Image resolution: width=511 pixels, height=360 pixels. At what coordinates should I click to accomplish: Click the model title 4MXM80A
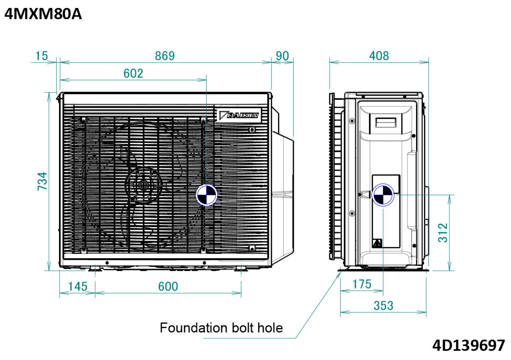pos(43,15)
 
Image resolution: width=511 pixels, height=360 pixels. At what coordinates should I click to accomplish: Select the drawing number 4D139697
pos(468,345)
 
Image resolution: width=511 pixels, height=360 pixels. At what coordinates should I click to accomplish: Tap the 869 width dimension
pos(165,56)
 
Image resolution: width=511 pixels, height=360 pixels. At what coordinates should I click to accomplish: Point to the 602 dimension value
pos(133,74)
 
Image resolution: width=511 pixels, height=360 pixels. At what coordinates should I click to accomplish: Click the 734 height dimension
pos(42,181)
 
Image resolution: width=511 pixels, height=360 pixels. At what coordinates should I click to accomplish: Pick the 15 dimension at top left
pos(41,56)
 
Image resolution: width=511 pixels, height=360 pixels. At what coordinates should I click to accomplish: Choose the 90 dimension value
pos(282,56)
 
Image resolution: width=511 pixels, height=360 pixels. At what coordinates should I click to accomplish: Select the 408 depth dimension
pos(378,56)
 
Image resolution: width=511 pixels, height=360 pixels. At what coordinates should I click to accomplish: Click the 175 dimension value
pos(361,284)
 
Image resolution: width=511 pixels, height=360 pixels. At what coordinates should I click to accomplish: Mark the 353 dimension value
pos(383,306)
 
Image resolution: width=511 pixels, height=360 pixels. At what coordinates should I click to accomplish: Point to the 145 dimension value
pos(77,286)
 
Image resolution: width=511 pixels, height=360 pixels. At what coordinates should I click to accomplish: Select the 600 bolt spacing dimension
pos(168,286)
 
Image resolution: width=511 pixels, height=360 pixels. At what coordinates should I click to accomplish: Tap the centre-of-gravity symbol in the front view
pos(206,196)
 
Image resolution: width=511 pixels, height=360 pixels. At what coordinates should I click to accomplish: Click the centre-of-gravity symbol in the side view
pos(382,195)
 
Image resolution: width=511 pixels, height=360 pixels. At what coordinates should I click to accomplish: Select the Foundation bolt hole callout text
pos(221,328)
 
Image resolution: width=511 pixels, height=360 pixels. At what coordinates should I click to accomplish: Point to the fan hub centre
pos(143,185)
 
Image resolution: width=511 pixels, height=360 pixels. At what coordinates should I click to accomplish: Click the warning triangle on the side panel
pos(376,243)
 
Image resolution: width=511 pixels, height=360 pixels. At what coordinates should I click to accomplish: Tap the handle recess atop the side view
pos(386,122)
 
